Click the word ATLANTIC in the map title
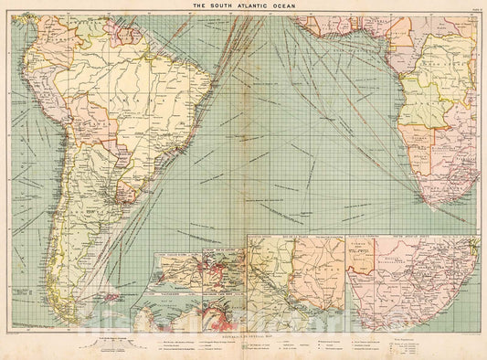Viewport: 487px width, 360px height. (243, 5)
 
